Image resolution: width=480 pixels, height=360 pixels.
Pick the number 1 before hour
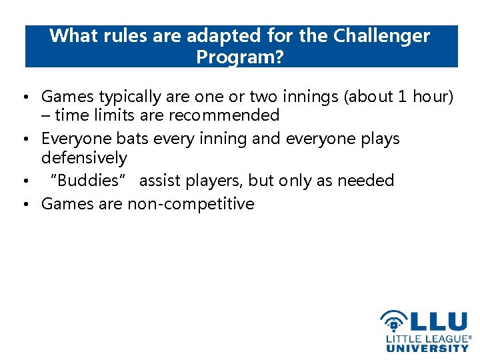pos(401,97)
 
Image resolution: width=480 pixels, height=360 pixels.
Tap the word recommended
pos(223,115)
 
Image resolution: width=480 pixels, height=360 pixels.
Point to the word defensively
pos(84,158)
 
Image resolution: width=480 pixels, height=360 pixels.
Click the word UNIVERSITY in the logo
pos(427,348)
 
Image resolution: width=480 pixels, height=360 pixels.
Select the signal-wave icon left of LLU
pos(393,321)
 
